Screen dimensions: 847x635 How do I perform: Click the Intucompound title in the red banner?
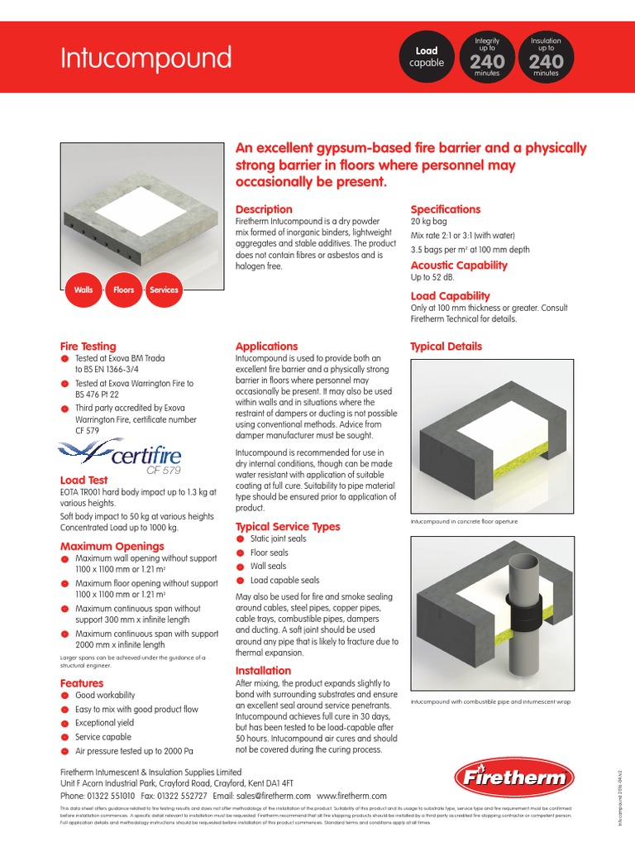(x=147, y=58)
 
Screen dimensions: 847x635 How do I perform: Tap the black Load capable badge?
(x=427, y=57)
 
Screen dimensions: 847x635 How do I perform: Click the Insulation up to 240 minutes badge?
(x=546, y=57)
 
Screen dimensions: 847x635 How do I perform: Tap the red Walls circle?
(x=84, y=290)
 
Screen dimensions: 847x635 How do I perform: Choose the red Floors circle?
(x=123, y=290)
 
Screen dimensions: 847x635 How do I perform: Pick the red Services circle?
(x=164, y=290)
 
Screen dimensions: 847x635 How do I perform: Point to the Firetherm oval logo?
(x=513, y=778)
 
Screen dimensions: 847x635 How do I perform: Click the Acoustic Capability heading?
(x=459, y=266)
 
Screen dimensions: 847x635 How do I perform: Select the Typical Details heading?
(x=446, y=347)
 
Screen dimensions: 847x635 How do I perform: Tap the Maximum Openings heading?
(x=112, y=546)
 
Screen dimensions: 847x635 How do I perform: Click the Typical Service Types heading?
(x=288, y=526)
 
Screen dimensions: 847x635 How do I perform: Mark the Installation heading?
(x=263, y=670)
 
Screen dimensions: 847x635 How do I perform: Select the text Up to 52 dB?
(x=432, y=278)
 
